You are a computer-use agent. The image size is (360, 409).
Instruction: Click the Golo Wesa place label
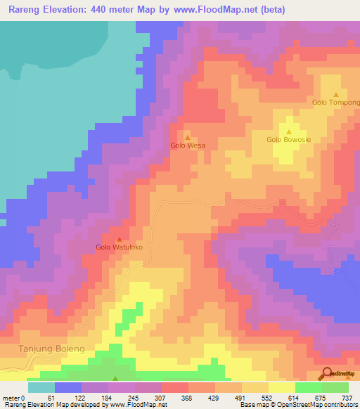pyautogui.click(x=188, y=145)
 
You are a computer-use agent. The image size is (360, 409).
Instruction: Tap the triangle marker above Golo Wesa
pyautogui.click(x=188, y=137)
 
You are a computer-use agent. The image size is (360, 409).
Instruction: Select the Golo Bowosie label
pyautogui.click(x=288, y=139)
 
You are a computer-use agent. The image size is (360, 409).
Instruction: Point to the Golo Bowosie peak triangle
pyautogui.click(x=289, y=131)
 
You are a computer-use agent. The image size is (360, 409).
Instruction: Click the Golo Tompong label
pyautogui.click(x=335, y=103)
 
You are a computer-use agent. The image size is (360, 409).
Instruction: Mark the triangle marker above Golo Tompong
pyautogui.click(x=335, y=94)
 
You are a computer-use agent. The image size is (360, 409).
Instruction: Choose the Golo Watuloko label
pyautogui.click(x=119, y=247)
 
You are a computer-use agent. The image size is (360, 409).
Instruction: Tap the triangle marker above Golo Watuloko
pyautogui.click(x=119, y=239)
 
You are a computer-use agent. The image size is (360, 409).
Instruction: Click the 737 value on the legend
pyautogui.click(x=348, y=397)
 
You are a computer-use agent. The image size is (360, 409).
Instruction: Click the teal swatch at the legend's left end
pyautogui.click(x=41, y=387)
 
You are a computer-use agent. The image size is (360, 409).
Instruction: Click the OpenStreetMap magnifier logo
pyautogui.click(x=327, y=373)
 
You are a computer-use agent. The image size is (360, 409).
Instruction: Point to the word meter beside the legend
pyautogui.click(x=11, y=397)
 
